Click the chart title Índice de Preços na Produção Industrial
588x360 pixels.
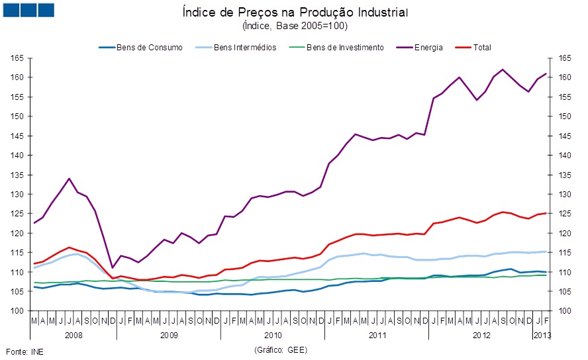295,13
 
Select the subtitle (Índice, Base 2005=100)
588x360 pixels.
295,26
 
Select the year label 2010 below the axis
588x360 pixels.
273,335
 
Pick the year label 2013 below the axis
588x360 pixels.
542,335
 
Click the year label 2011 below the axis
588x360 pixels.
377,335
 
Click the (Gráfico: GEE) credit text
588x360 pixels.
281,349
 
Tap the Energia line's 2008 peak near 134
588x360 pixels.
69,179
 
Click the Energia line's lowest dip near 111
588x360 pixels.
112,268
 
